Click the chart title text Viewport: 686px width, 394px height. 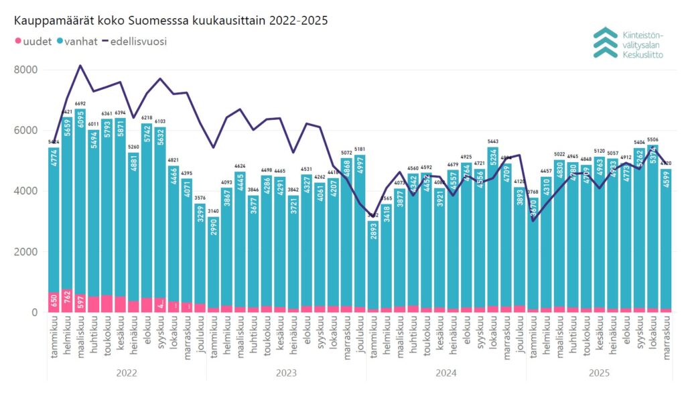171,20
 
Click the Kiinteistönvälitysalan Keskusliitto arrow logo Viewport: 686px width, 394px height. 605,42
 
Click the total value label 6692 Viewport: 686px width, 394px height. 80,104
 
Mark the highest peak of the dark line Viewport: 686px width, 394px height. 80,66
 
